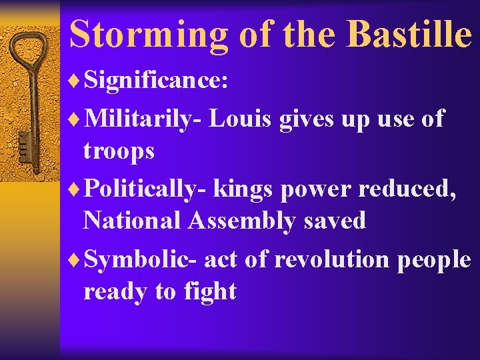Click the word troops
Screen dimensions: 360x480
tap(119, 151)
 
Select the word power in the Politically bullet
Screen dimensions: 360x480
tap(315, 189)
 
